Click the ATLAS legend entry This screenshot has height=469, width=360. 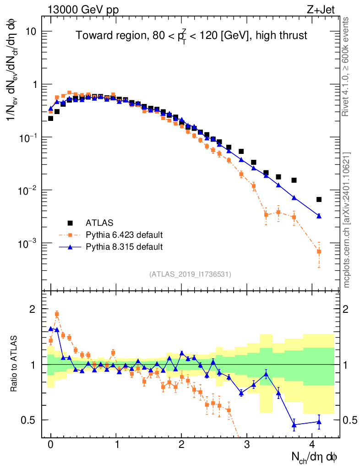pyautogui.click(x=97, y=223)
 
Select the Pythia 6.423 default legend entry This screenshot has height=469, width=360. pyautogui.click(x=124, y=235)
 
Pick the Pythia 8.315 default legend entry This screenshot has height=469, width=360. pyautogui.click(x=124, y=247)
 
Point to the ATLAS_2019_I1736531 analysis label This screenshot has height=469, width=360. pyautogui.click(x=190, y=274)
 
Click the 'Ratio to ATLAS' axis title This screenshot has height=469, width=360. pyautogui.click(x=14, y=364)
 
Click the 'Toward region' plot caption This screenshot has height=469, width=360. pyautogui.click(x=191, y=35)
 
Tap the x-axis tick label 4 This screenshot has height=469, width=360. pyautogui.click(x=312, y=444)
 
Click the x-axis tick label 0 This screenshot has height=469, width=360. pyautogui.click(x=51, y=444)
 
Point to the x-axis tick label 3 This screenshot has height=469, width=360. pyautogui.click(x=247, y=444)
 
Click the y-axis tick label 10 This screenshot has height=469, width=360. pyautogui.click(x=31, y=32)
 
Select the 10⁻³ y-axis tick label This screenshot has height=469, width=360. pyautogui.click(x=27, y=243)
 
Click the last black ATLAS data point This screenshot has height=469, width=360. pyautogui.click(x=319, y=199)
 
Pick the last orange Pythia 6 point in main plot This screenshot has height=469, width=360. pyautogui.click(x=319, y=251)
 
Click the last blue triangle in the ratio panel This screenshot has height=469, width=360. pyautogui.click(x=319, y=421)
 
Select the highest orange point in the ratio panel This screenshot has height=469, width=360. pyautogui.click(x=57, y=314)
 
